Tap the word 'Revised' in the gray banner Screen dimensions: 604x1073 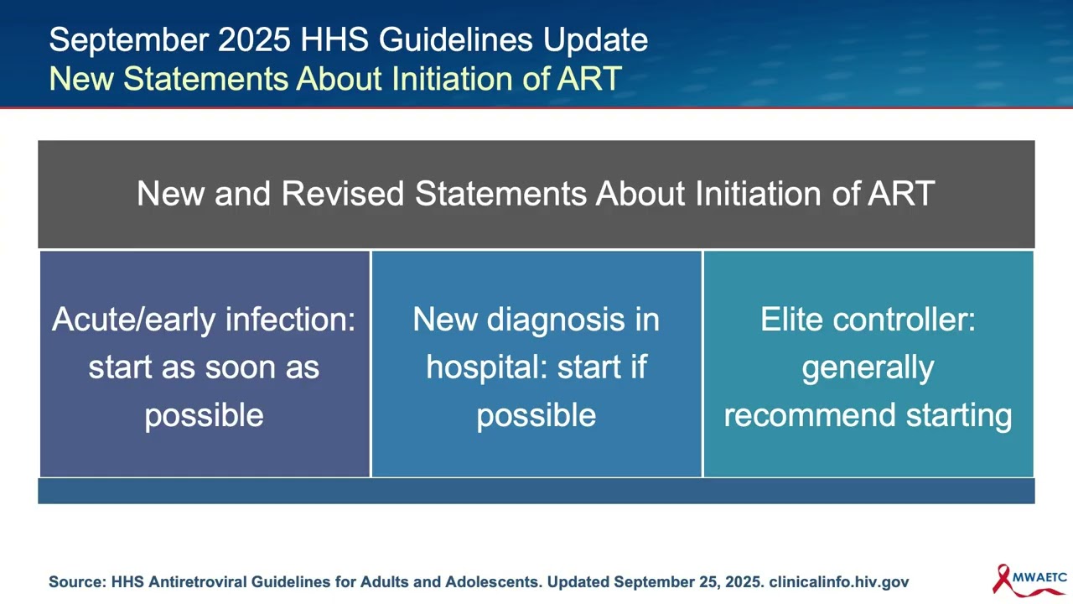343,194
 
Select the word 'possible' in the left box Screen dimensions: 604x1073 204,415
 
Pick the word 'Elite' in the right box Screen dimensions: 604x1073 791,320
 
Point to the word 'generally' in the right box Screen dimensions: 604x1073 868,367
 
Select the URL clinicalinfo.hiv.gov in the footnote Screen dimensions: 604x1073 838,581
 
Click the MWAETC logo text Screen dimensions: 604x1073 1039,577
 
